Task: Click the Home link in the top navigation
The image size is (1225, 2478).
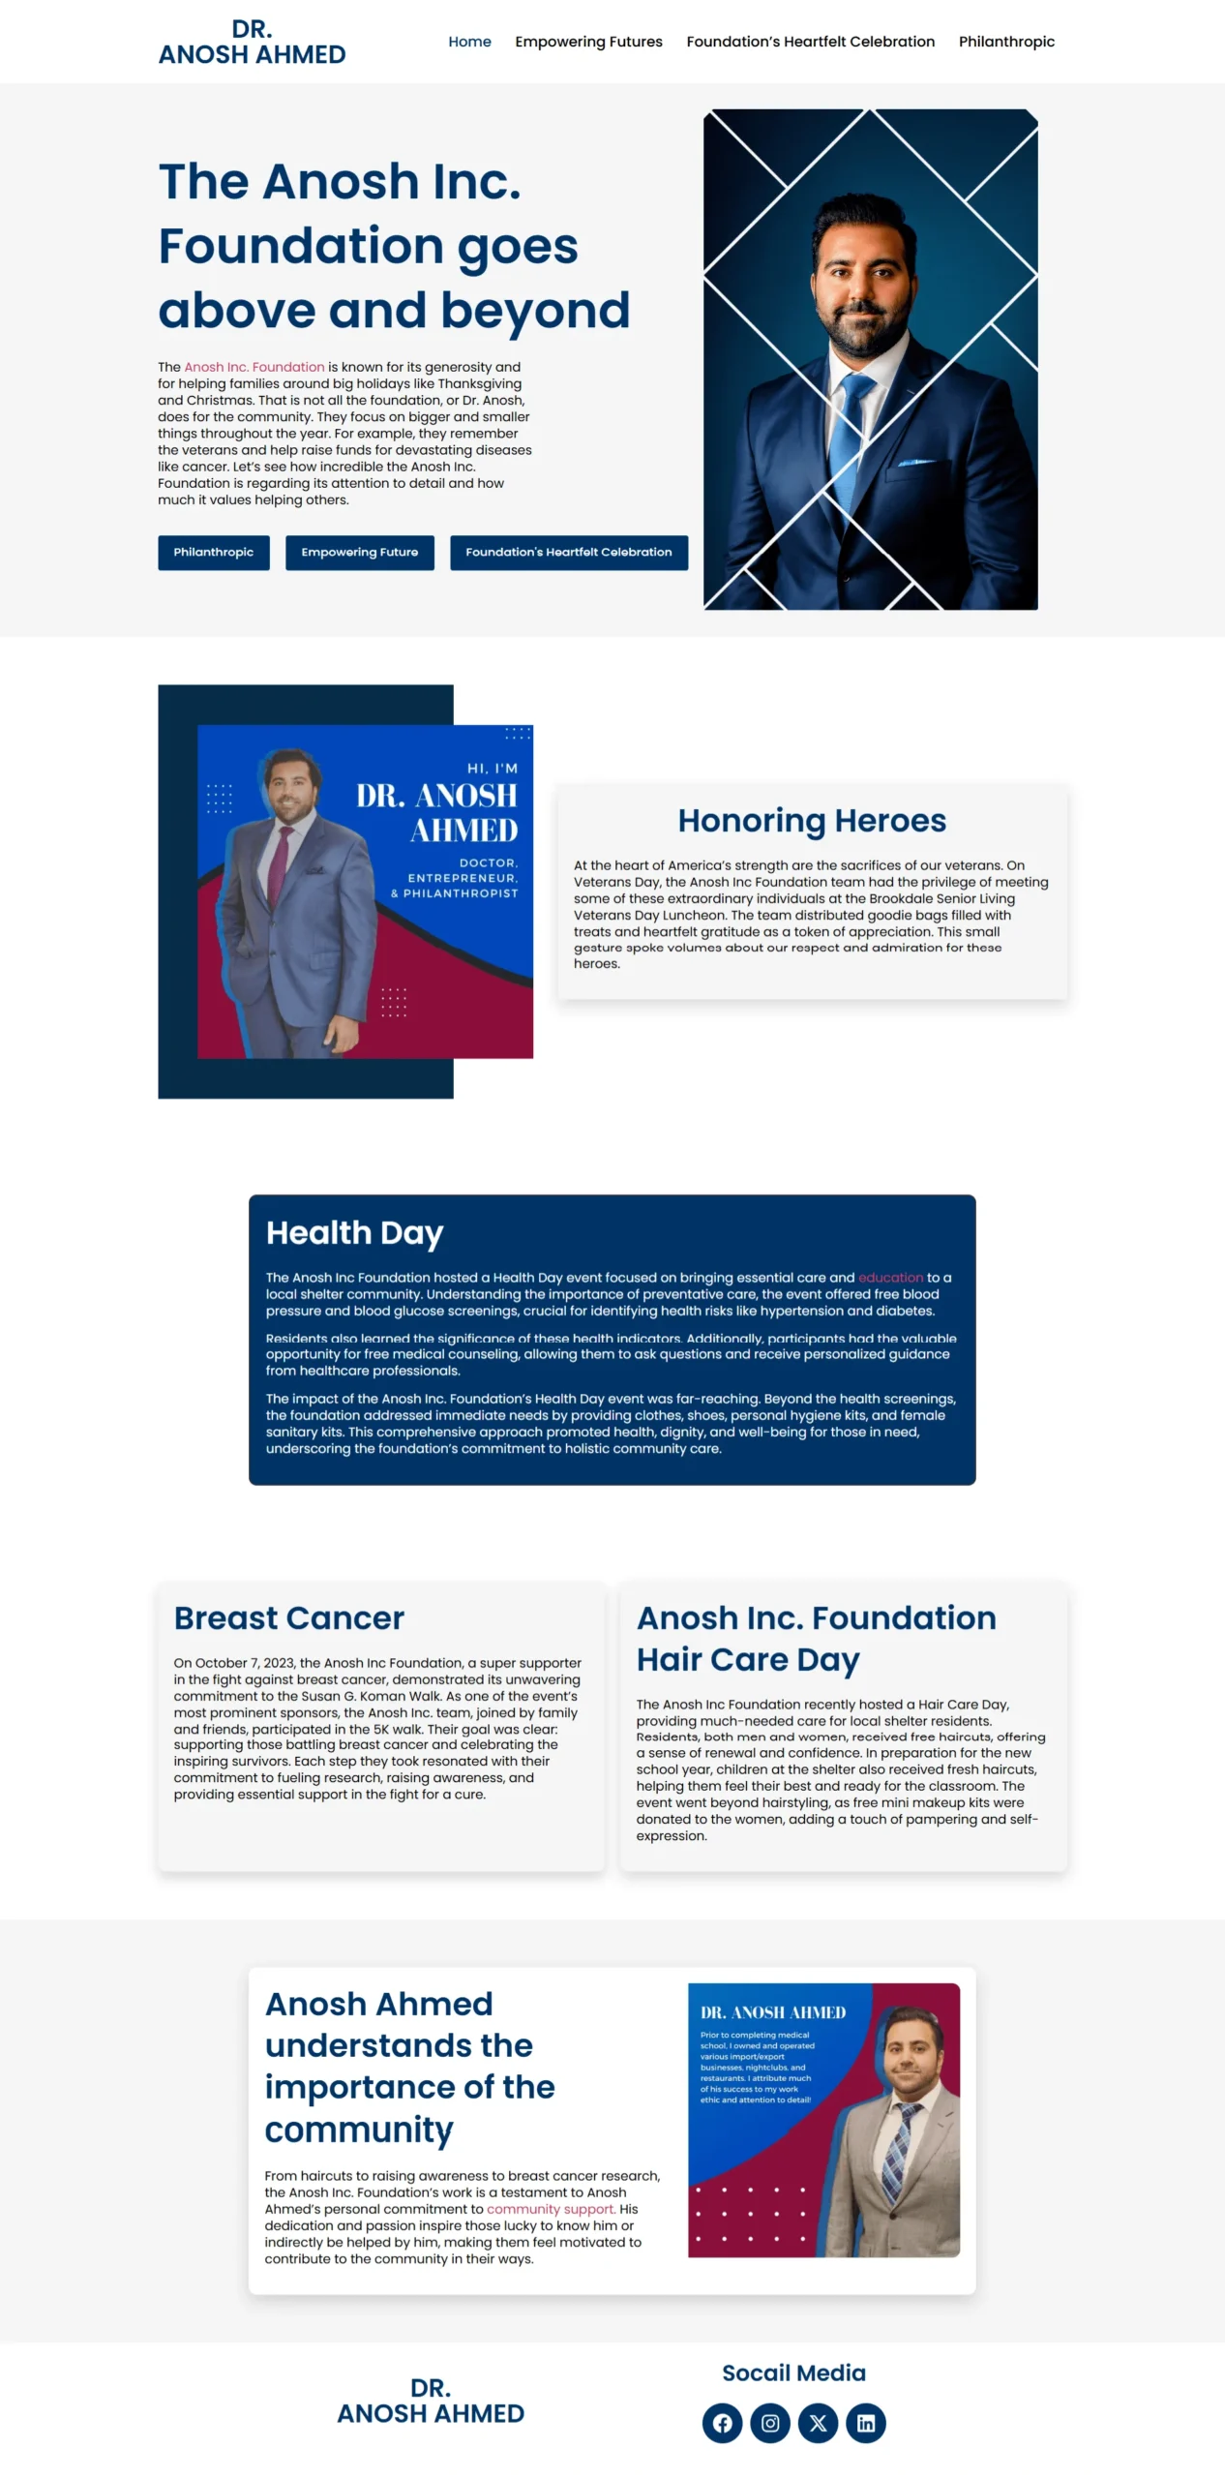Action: click(469, 42)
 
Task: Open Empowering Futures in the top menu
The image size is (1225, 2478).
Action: click(588, 42)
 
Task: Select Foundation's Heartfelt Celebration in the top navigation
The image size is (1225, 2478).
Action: click(810, 42)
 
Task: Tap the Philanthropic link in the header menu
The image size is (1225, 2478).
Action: click(1006, 42)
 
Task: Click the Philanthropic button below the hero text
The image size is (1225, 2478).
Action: click(214, 552)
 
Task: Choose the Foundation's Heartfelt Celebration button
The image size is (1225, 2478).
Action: click(568, 552)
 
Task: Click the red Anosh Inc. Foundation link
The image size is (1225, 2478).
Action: click(254, 367)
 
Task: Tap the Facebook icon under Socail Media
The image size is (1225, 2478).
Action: click(722, 2422)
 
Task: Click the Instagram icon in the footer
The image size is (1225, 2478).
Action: click(770, 2422)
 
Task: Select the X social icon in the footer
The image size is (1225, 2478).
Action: click(818, 2422)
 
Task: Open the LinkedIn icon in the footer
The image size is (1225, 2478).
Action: click(866, 2422)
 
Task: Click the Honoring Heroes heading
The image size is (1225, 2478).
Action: click(811, 820)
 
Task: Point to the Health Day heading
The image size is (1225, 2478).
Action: click(354, 1232)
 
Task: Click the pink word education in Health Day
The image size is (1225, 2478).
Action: click(890, 1277)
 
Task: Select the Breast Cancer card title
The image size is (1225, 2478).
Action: click(288, 1617)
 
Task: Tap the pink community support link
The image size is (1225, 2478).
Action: click(551, 2208)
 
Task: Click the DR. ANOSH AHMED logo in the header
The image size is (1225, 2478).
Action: click(252, 42)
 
